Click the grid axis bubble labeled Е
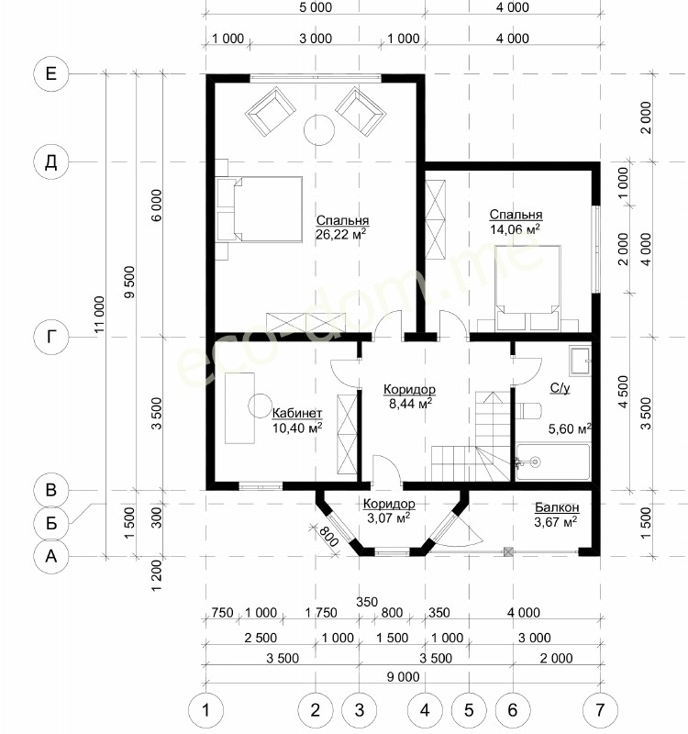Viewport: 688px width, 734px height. [x=51, y=74]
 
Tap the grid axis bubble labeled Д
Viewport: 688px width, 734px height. [x=51, y=162]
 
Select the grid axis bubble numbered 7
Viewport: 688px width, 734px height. [x=600, y=710]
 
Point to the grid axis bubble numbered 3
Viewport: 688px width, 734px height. [x=359, y=710]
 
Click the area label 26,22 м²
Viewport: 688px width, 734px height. [x=340, y=234]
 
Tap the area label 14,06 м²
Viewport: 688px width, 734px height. [x=515, y=228]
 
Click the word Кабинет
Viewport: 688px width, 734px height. [x=297, y=414]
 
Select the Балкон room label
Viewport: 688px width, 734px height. [x=557, y=507]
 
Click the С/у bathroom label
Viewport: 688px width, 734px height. [x=560, y=387]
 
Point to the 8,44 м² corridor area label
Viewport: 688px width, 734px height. [x=410, y=403]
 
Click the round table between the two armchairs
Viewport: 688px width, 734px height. [x=319, y=130]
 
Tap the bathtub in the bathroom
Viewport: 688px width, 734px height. [x=553, y=462]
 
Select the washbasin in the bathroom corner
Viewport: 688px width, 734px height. [x=581, y=360]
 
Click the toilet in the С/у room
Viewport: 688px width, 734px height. [x=529, y=411]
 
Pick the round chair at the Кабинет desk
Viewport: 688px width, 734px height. [x=260, y=406]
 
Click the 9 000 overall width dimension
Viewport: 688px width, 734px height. [x=403, y=676]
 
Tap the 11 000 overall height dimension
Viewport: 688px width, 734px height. [x=100, y=315]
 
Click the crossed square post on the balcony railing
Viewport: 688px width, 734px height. [x=509, y=552]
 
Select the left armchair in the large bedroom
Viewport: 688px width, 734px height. [x=271, y=111]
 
